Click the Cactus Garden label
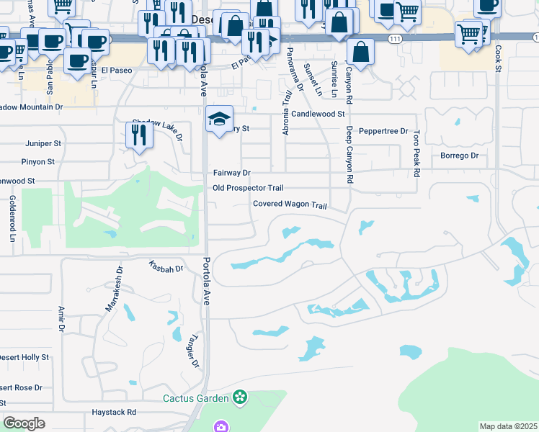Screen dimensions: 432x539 pyautogui.click(x=195, y=397)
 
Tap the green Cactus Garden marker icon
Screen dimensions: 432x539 pyautogui.click(x=240, y=397)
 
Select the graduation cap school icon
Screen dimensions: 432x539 pyautogui.click(x=219, y=119)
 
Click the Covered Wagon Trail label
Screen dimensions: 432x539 pyautogui.click(x=290, y=204)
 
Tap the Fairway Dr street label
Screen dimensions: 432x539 pyautogui.click(x=231, y=173)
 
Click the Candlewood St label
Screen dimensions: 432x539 pyautogui.click(x=318, y=114)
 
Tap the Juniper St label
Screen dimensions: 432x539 pyautogui.click(x=40, y=143)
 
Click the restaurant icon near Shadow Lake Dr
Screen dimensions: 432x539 pyautogui.click(x=137, y=135)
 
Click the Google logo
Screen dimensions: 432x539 pyautogui.click(x=24, y=423)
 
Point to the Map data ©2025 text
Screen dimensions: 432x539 pyautogui.click(x=509, y=426)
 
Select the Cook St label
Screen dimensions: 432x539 pyautogui.click(x=498, y=59)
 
